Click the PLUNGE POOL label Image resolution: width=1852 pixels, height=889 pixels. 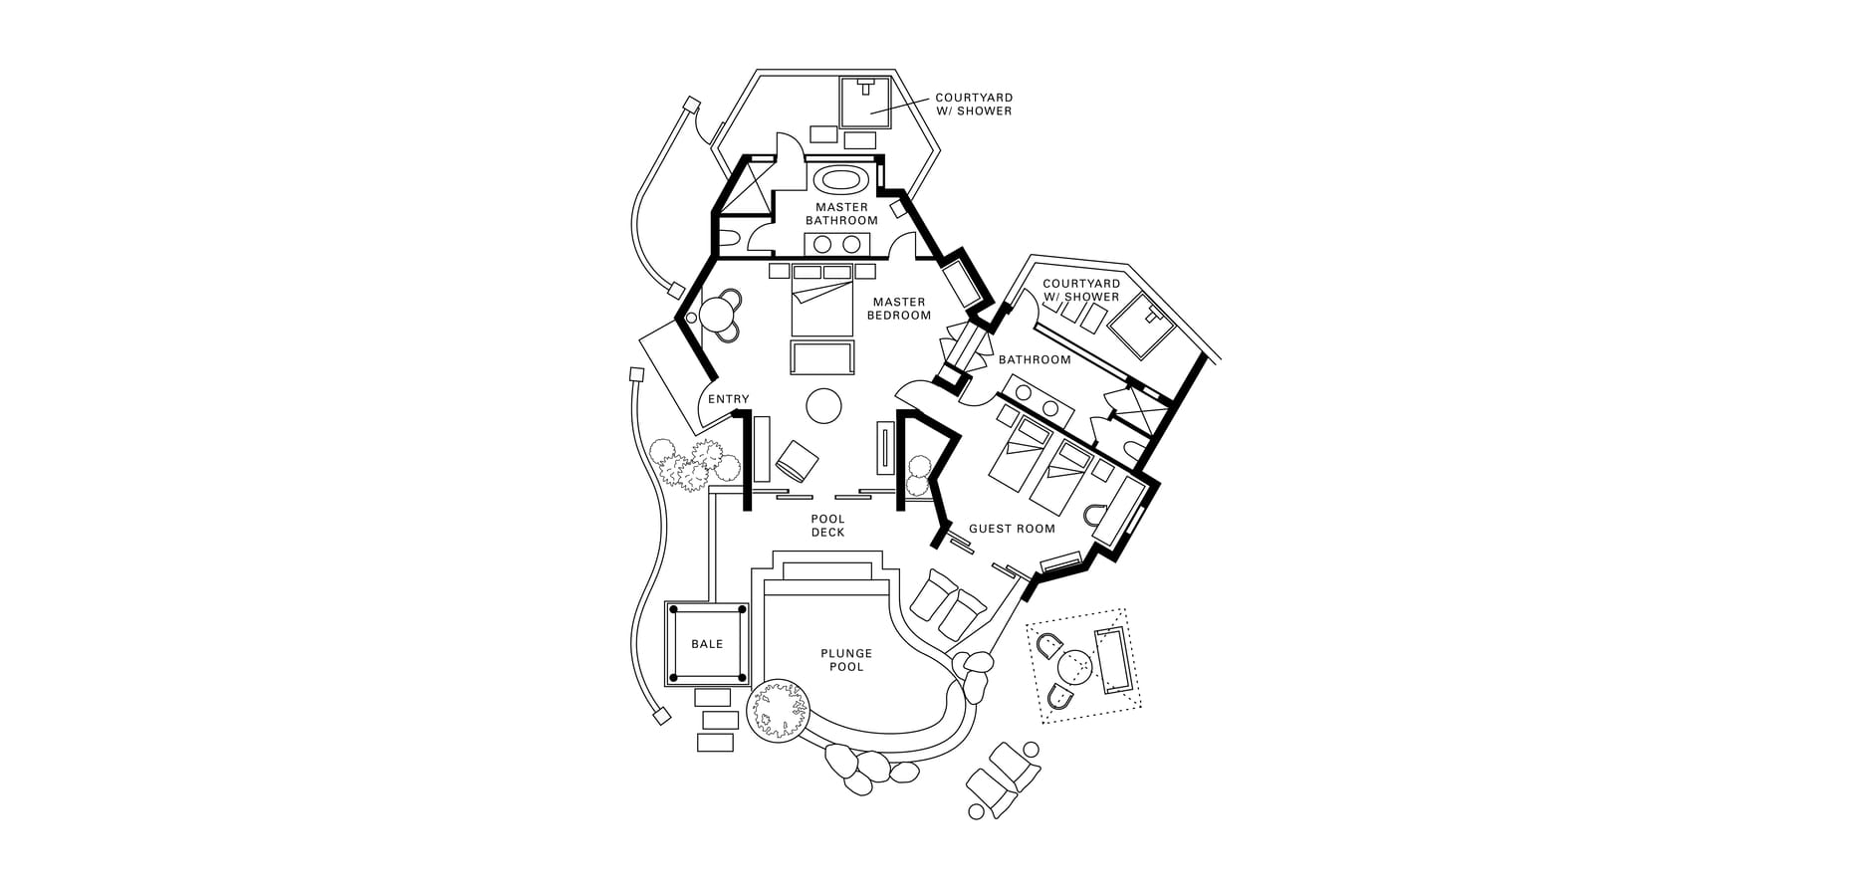coord(846,660)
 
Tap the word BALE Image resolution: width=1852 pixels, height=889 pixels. coord(707,644)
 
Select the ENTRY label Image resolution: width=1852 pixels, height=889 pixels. coord(728,399)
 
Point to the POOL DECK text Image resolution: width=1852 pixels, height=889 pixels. coord(827,526)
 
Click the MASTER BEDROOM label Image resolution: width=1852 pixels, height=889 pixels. coord(899,309)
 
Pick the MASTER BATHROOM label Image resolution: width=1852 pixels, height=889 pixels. coord(841,214)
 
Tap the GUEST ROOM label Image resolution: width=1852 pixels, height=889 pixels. coord(1012,529)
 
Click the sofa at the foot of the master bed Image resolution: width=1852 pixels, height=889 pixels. coord(822,357)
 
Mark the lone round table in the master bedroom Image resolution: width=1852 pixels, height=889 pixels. coord(824,405)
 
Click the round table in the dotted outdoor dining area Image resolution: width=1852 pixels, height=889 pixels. coord(1075,664)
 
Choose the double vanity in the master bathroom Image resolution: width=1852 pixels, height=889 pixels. coord(836,244)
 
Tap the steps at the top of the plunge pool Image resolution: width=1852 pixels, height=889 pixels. coord(828,572)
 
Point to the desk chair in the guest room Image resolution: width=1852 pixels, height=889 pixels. coord(1097,517)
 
